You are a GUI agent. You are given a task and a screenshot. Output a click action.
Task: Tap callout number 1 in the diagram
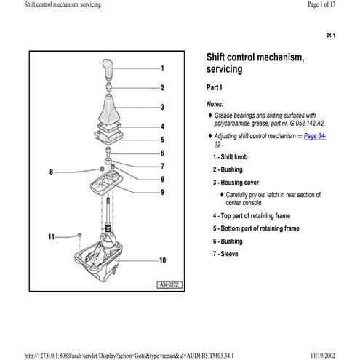(162, 68)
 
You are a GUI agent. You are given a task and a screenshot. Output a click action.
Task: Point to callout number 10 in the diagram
(162, 260)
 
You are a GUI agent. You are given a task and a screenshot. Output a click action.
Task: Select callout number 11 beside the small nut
(51, 236)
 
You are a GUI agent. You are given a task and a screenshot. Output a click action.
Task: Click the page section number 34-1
(339, 35)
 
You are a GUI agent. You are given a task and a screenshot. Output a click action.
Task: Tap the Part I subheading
(218, 88)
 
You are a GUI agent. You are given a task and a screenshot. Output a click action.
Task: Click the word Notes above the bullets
(215, 104)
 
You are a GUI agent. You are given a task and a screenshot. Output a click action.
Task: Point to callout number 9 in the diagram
(162, 192)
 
